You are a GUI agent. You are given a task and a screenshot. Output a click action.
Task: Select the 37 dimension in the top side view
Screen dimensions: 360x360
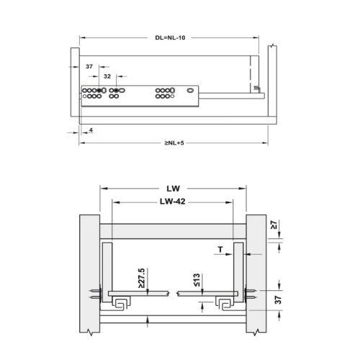tap(89, 66)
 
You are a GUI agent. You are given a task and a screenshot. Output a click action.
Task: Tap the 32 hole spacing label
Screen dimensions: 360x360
tap(107, 74)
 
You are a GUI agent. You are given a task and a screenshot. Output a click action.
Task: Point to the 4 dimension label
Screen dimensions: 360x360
tap(93, 131)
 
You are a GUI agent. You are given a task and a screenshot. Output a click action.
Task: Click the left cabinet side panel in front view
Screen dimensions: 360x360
tap(87, 274)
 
